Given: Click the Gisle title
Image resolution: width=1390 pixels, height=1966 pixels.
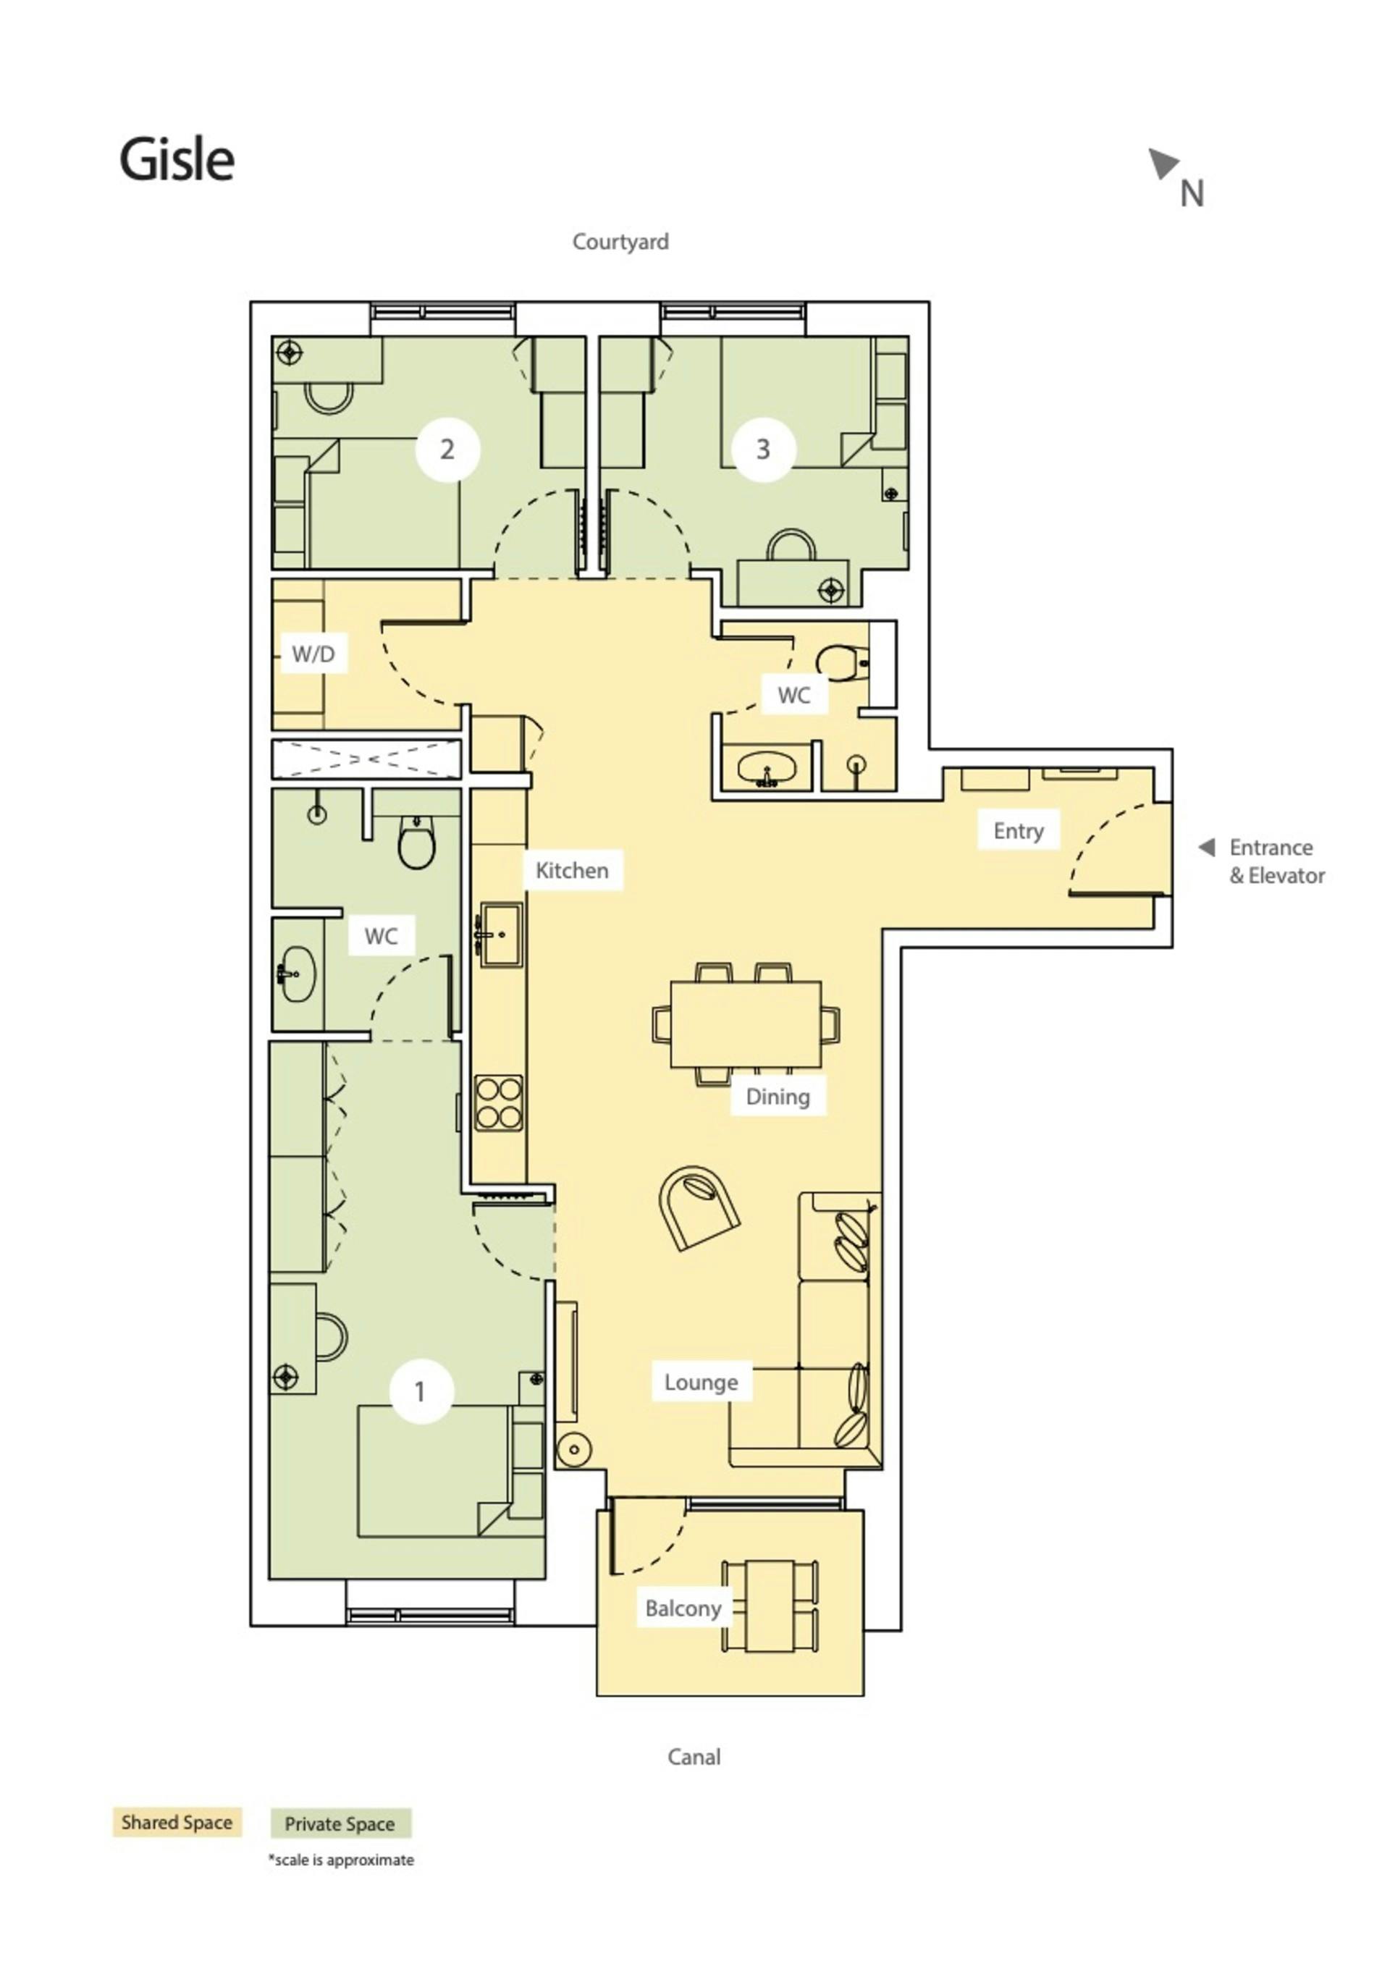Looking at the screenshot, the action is (x=177, y=159).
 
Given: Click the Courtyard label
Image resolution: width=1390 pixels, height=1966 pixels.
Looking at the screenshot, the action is (x=620, y=242).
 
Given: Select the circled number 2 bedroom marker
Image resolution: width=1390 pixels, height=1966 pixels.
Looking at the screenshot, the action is (x=447, y=449).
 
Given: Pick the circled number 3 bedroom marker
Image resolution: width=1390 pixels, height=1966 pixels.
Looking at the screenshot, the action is (x=763, y=449).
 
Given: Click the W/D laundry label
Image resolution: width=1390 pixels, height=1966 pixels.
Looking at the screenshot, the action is (x=313, y=654).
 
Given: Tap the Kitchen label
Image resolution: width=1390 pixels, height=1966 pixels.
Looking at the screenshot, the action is (x=572, y=870).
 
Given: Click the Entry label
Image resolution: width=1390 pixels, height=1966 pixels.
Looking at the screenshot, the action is (x=1019, y=830).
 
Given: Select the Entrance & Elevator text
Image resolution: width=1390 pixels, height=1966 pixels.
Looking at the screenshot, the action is (x=1276, y=861).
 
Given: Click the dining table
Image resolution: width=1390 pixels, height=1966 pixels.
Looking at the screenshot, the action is (x=745, y=1024).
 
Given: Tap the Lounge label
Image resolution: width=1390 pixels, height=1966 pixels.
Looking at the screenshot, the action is (x=702, y=1382).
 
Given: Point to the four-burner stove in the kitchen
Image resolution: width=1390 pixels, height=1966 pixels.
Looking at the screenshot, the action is (x=500, y=1102).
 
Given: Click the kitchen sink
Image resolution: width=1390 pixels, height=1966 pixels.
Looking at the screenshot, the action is (x=500, y=935).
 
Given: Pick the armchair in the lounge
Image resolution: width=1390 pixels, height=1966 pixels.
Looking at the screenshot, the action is (x=698, y=1208).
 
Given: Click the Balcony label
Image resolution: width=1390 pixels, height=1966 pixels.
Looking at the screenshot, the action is (x=683, y=1608).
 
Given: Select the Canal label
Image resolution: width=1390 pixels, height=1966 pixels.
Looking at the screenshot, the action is (x=694, y=1756).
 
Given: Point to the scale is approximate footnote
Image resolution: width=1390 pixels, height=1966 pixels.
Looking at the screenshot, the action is (x=341, y=1860).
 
